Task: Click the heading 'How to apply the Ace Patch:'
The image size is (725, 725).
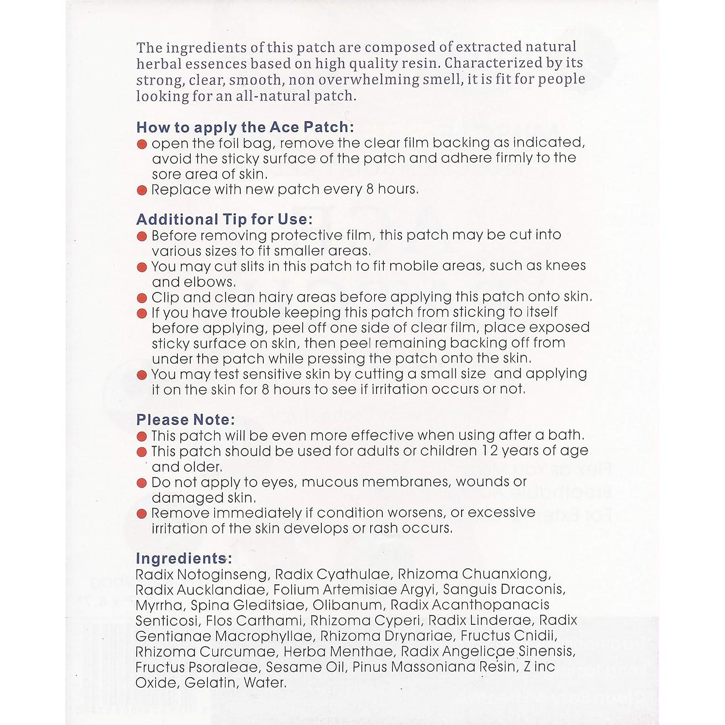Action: [245, 127]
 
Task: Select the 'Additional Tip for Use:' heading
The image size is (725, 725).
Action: [224, 219]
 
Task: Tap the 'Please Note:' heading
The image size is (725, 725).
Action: [186, 420]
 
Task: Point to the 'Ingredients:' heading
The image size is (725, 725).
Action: [184, 558]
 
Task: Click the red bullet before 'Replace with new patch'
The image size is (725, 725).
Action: [142, 190]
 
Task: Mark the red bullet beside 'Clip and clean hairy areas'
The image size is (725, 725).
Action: [142, 298]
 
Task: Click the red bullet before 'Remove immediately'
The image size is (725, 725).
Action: [142, 514]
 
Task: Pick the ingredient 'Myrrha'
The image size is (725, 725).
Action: [159, 605]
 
